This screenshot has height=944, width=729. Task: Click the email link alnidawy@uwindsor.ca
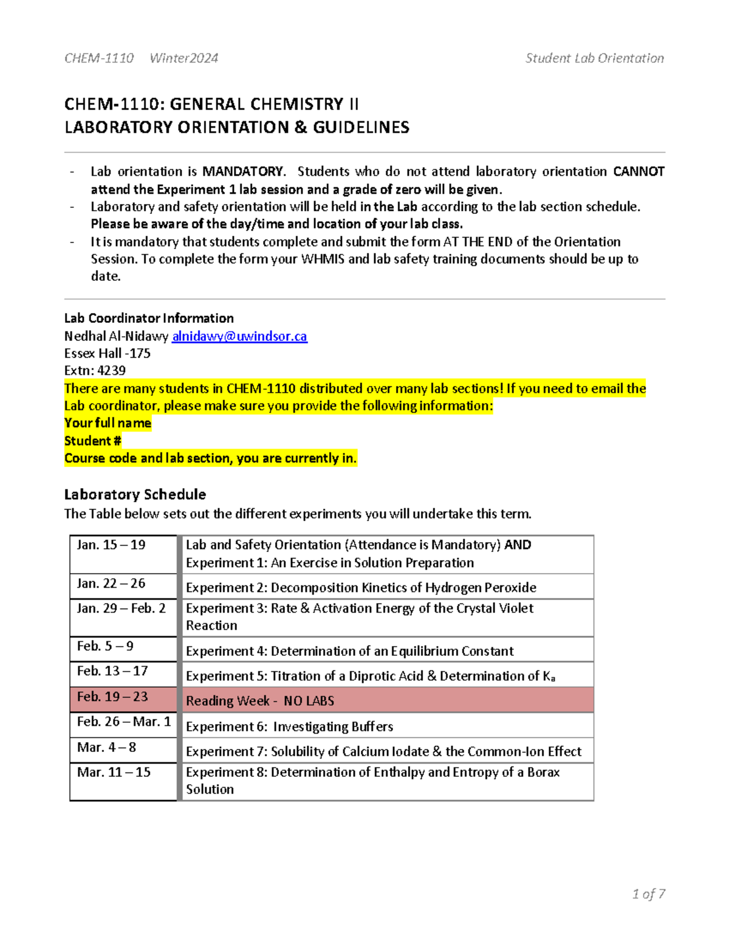tap(239, 336)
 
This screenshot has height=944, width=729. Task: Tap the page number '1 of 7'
tap(648, 894)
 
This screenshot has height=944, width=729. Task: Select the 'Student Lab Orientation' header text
tap(594, 58)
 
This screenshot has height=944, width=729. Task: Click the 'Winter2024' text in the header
tap(183, 58)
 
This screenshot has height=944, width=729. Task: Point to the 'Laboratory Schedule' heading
tap(135, 494)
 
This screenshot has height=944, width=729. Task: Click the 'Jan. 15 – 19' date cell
tap(123, 554)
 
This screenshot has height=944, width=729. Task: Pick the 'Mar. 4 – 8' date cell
tap(123, 749)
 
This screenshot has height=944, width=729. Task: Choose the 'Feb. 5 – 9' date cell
tap(123, 648)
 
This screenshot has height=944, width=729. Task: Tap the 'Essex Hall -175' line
tap(108, 353)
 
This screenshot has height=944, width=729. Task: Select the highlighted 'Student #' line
tap(93, 441)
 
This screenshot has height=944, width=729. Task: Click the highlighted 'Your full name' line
tap(108, 423)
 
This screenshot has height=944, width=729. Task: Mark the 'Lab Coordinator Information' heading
tap(149, 318)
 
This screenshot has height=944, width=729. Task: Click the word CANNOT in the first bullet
tap(638, 171)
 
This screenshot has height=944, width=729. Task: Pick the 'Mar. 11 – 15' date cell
tap(123, 780)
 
